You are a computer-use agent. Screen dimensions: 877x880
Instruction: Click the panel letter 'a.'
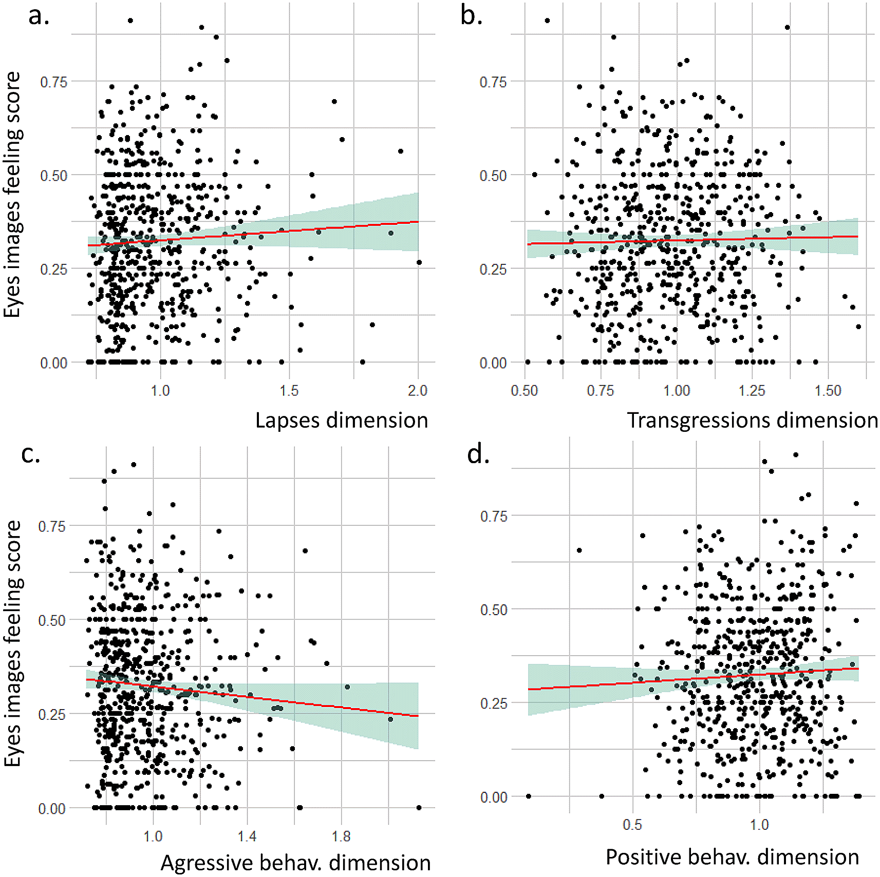tap(39, 15)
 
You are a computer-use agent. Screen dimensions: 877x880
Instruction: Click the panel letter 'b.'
tap(471, 15)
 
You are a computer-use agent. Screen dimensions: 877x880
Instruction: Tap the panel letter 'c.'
tap(30, 453)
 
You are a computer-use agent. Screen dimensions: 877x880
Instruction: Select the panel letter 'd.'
tap(478, 454)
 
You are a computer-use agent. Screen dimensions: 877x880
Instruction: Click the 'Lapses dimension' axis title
tap(342, 420)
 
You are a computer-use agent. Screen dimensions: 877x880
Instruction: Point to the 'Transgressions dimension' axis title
tap(752, 420)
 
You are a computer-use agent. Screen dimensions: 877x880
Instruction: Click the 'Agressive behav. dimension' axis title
tap(295, 863)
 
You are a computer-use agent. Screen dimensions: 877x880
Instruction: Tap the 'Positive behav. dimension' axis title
tap(732, 857)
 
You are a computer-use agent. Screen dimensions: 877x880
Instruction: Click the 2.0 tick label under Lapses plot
tap(418, 391)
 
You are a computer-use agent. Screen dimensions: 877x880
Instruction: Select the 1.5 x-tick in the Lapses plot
tap(289, 391)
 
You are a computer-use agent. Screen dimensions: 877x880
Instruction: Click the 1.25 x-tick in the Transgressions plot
tap(752, 391)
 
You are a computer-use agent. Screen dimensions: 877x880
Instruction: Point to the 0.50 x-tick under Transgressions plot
tap(525, 391)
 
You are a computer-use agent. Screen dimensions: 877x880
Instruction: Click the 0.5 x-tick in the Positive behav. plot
tap(632, 825)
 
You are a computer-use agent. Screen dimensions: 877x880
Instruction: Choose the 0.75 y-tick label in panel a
tap(53, 82)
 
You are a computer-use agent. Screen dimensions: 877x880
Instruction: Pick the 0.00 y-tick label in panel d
tap(494, 797)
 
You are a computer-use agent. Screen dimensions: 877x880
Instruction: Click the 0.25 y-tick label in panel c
tap(52, 714)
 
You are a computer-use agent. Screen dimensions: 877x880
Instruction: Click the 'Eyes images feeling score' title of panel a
tap(12, 195)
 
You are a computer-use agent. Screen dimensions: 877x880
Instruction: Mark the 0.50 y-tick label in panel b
tap(493, 176)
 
